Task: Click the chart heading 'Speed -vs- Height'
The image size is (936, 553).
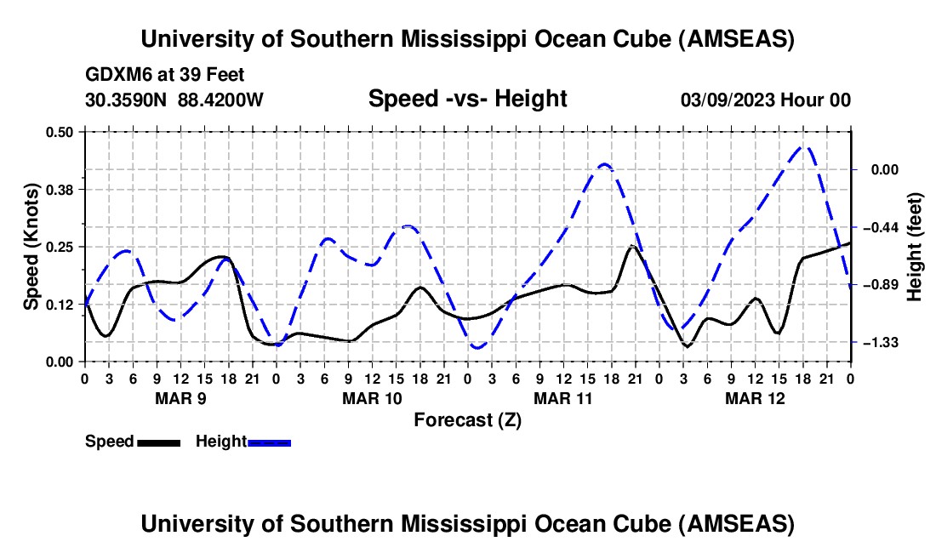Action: click(467, 99)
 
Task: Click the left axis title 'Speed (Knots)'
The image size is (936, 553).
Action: click(31, 247)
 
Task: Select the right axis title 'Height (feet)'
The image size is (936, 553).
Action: click(915, 246)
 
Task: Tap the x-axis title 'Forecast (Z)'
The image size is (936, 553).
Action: click(467, 419)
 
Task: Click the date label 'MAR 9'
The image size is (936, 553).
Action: click(180, 398)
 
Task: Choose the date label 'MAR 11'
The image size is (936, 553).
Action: click(562, 398)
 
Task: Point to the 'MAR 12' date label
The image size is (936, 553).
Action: click(754, 398)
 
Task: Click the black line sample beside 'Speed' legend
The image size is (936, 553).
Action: click(158, 442)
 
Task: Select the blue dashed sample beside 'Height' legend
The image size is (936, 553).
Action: click(270, 442)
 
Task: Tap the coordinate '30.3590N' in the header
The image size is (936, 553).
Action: click(127, 100)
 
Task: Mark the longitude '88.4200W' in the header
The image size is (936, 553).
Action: click(221, 100)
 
